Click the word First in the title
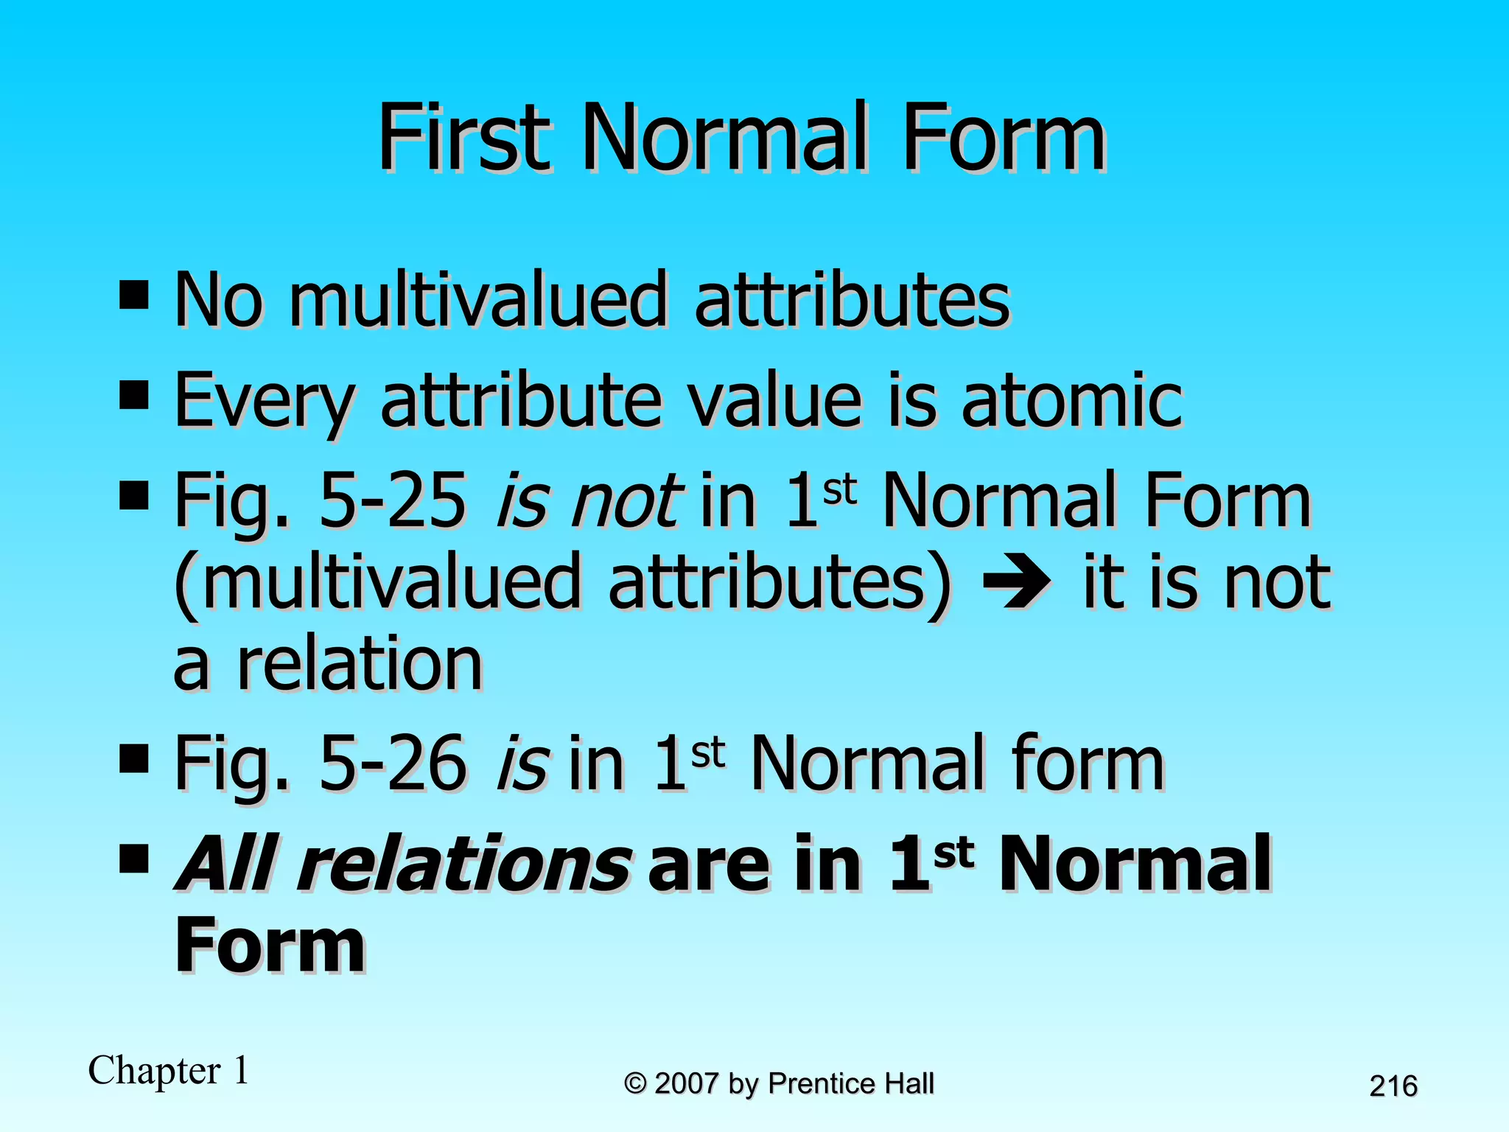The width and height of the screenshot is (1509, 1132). (x=464, y=137)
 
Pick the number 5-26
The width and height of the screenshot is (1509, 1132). (x=393, y=764)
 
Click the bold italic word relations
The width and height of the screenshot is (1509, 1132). (x=464, y=864)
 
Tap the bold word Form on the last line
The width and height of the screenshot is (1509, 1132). (x=270, y=946)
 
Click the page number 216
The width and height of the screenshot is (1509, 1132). (x=1393, y=1086)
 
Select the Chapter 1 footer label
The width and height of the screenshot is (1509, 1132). (x=168, y=1070)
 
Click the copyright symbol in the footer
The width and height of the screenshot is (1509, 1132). (x=635, y=1084)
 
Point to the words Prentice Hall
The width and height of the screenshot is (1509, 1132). (x=851, y=1084)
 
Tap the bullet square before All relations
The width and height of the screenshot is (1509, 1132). (x=134, y=858)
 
